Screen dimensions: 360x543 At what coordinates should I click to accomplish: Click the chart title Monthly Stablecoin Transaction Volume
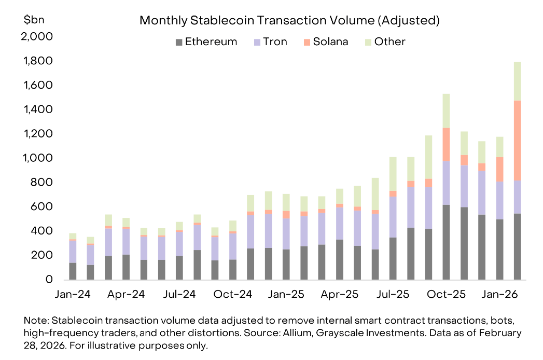[x=289, y=21]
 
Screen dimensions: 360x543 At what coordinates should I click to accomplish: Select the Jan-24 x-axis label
[x=73, y=294]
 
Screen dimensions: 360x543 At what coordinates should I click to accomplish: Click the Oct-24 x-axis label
[x=233, y=294]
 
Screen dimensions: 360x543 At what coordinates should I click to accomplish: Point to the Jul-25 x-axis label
[x=392, y=294]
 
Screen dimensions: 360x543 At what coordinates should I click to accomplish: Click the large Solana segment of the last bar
[x=517, y=140]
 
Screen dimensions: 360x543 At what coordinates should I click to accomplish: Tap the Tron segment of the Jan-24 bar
[x=73, y=252]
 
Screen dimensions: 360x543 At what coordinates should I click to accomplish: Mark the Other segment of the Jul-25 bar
[x=393, y=174]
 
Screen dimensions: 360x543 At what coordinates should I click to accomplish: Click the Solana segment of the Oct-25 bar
[x=446, y=144]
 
